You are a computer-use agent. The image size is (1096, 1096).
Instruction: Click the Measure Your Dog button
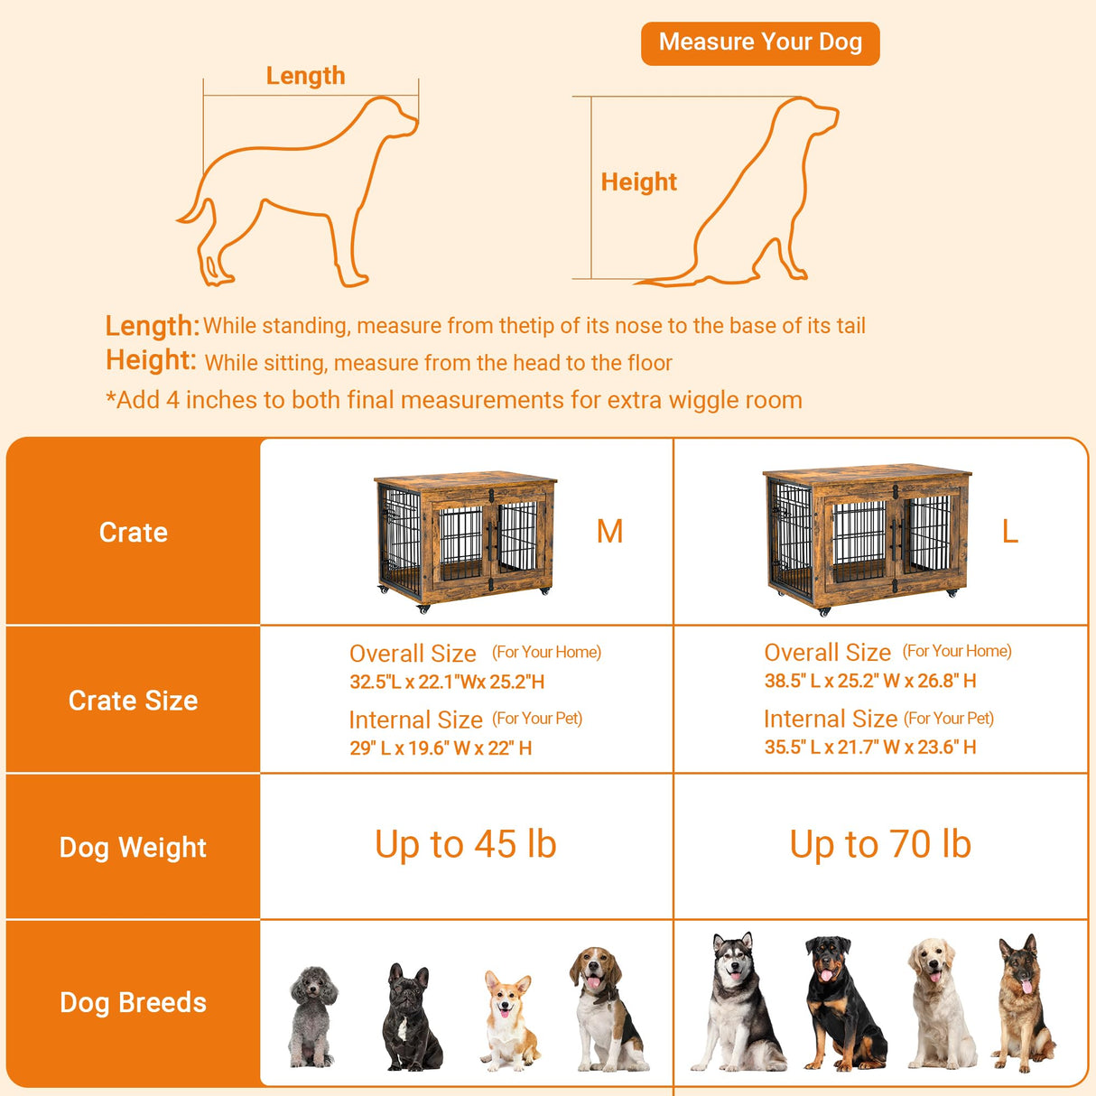(x=760, y=42)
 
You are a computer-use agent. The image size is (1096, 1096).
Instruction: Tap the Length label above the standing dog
(x=305, y=76)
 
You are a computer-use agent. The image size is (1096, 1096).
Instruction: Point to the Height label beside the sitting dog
(x=638, y=181)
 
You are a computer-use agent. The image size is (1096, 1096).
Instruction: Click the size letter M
(x=609, y=531)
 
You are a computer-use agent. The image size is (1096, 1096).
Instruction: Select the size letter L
(x=1009, y=531)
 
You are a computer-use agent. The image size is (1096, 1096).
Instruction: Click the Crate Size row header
(x=133, y=701)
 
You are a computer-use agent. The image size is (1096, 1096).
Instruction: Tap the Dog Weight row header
(x=133, y=847)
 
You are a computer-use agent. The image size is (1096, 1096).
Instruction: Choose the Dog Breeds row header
(x=133, y=1002)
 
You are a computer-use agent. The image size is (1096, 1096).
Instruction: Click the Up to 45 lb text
(x=466, y=844)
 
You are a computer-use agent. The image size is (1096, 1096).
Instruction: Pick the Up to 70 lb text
(x=880, y=844)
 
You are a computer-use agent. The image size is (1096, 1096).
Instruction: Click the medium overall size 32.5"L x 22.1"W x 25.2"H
(x=447, y=682)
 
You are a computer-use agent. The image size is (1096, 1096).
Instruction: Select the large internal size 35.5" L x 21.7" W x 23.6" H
(x=869, y=747)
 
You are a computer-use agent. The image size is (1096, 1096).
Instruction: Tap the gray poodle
(x=312, y=1016)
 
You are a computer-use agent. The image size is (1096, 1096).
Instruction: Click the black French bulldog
(x=411, y=1018)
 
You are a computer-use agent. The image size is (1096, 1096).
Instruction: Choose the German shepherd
(x=1023, y=1002)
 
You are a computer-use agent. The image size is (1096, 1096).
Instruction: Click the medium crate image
(x=465, y=537)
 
